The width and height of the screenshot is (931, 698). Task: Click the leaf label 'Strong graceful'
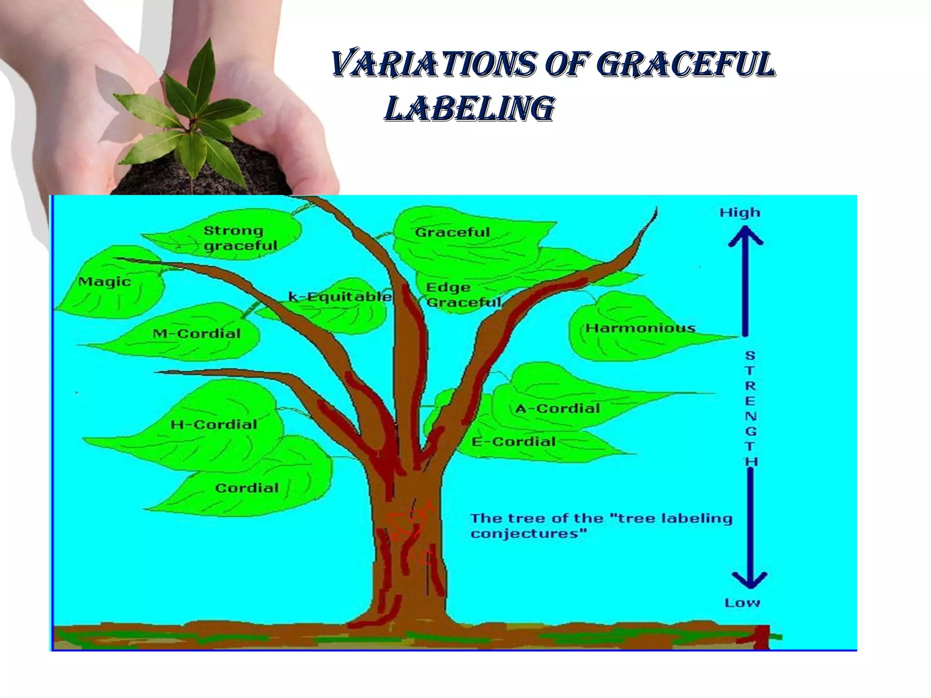pos(240,238)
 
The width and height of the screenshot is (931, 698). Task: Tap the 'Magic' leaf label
pos(105,282)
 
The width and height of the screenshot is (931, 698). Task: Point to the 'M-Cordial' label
pos(196,334)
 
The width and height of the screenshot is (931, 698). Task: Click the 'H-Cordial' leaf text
pos(214,424)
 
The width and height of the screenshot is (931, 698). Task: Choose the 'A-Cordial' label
pos(557,408)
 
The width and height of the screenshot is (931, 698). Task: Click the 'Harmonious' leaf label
pos(640,328)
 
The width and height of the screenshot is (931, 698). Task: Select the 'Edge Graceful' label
pos(463,294)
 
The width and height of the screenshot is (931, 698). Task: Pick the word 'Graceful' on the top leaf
pos(452,232)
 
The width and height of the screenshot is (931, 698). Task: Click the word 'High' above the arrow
pos(740,212)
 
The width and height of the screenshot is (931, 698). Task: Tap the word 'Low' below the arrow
pos(742,603)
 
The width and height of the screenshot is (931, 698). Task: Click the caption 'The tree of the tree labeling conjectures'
pos(601,526)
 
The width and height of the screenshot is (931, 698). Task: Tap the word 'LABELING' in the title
pos(469,109)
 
